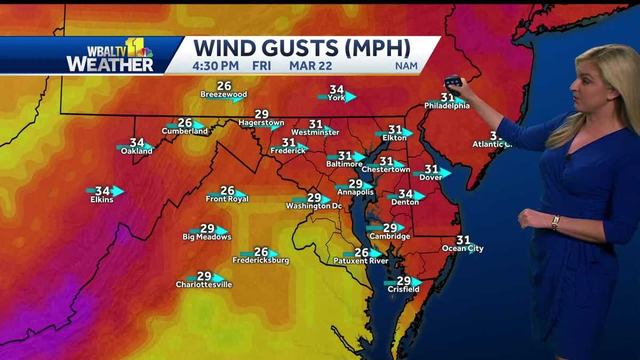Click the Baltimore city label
(x=345, y=165)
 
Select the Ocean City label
(x=462, y=249)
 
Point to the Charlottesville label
(x=204, y=285)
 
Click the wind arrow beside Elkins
(x=117, y=191)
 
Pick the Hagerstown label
(x=261, y=123)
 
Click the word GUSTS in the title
(x=296, y=49)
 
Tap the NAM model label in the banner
(x=406, y=67)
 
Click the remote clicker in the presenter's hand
(x=453, y=81)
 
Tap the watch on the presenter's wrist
(x=556, y=222)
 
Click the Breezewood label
(x=223, y=94)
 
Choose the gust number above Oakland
(x=137, y=143)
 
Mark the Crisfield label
(x=403, y=289)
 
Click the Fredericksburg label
(x=261, y=260)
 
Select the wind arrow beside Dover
(x=444, y=172)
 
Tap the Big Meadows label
(x=207, y=237)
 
